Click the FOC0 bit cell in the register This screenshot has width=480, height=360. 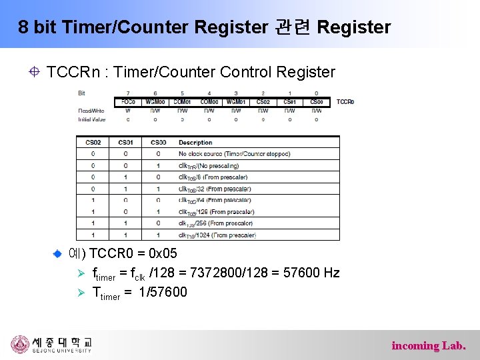point(128,102)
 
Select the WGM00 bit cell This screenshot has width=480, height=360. point(155,102)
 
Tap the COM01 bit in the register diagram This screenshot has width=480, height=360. point(182,102)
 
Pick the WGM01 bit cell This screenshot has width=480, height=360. point(236,102)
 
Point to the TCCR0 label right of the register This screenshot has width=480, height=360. point(345,102)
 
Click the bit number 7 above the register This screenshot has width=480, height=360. point(128,93)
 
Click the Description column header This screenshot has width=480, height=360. point(195,142)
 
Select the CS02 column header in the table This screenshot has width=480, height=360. point(93,142)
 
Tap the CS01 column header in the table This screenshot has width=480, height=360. point(125,142)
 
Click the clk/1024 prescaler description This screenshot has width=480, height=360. point(217,235)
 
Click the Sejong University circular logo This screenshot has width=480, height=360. point(21,344)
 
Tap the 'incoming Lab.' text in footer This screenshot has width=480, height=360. point(429,345)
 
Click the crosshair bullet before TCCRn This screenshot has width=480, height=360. point(33,72)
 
